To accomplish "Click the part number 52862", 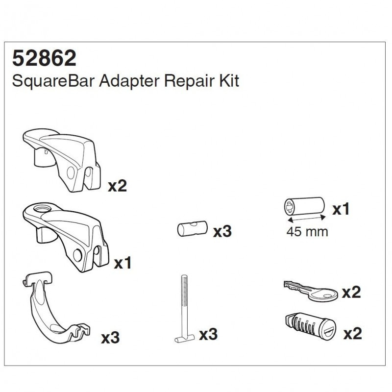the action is click(44, 58).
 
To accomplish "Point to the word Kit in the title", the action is click(229, 81).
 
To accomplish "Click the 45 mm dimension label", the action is click(307, 232).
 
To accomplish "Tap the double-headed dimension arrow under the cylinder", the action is click(307, 219).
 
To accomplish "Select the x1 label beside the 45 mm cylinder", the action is click(341, 209).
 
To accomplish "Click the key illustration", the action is click(311, 291).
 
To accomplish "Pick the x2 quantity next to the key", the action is click(351, 292).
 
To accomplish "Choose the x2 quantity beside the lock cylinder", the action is click(352, 333).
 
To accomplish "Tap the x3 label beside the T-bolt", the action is click(208, 334).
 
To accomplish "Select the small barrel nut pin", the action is click(193, 228).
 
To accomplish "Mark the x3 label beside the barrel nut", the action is click(222, 231).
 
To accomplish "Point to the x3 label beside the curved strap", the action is click(110, 338).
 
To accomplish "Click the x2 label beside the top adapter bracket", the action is click(117, 186).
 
